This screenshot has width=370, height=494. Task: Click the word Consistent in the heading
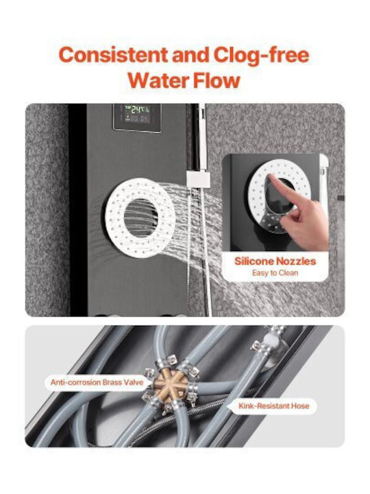(113, 55)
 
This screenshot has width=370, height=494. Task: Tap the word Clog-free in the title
(261, 56)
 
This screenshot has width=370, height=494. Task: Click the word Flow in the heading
(217, 80)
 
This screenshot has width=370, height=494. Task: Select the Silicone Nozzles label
(275, 261)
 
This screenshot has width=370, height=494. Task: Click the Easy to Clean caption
(275, 273)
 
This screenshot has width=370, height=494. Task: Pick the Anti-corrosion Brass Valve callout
(97, 382)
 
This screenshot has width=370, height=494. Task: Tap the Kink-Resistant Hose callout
(273, 405)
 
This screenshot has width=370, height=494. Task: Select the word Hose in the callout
(300, 405)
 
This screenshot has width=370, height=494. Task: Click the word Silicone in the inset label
(254, 261)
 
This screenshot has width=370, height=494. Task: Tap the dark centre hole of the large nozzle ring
(140, 217)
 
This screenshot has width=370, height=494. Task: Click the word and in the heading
(190, 55)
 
